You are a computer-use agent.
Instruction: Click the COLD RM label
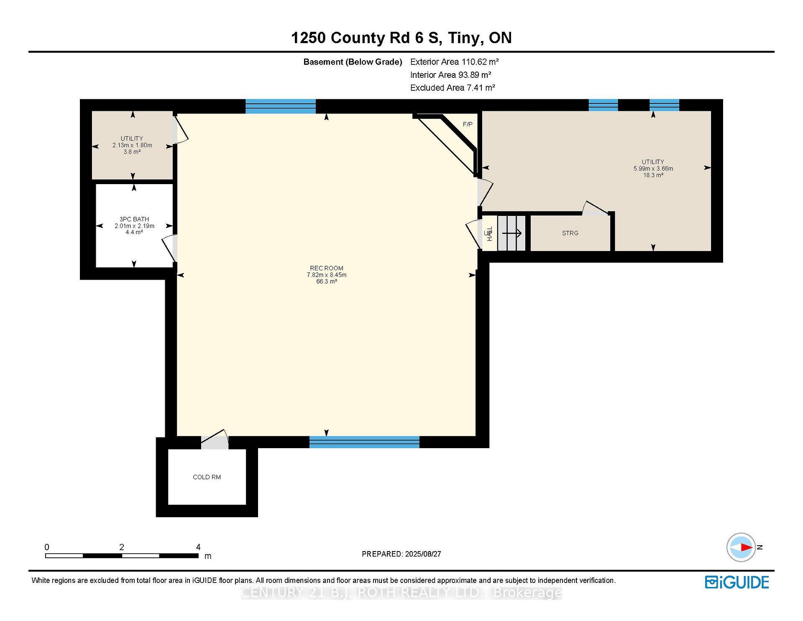pos(207,477)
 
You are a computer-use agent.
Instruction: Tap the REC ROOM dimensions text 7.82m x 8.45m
pos(326,275)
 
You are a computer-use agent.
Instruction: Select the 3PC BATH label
pos(134,219)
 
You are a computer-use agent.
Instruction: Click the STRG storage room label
pos(570,233)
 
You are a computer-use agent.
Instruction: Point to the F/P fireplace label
pos(468,124)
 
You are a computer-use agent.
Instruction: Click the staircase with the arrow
pos(511,233)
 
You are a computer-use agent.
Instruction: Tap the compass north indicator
pos(742,547)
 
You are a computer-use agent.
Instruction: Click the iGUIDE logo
pos(737,582)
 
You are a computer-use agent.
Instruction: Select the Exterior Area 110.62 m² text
pos(454,62)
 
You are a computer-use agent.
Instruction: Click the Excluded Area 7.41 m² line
pos(452,87)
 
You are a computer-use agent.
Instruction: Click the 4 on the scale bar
pos(198,547)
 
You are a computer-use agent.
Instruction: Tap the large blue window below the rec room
pos(364,442)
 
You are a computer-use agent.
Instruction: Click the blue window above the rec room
pos(280,106)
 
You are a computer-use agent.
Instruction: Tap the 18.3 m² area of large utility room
pos(653,175)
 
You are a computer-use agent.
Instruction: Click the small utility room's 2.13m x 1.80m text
pos(132,145)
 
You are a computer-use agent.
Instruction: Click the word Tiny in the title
pos(463,38)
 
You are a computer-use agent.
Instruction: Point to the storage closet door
pos(595,209)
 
